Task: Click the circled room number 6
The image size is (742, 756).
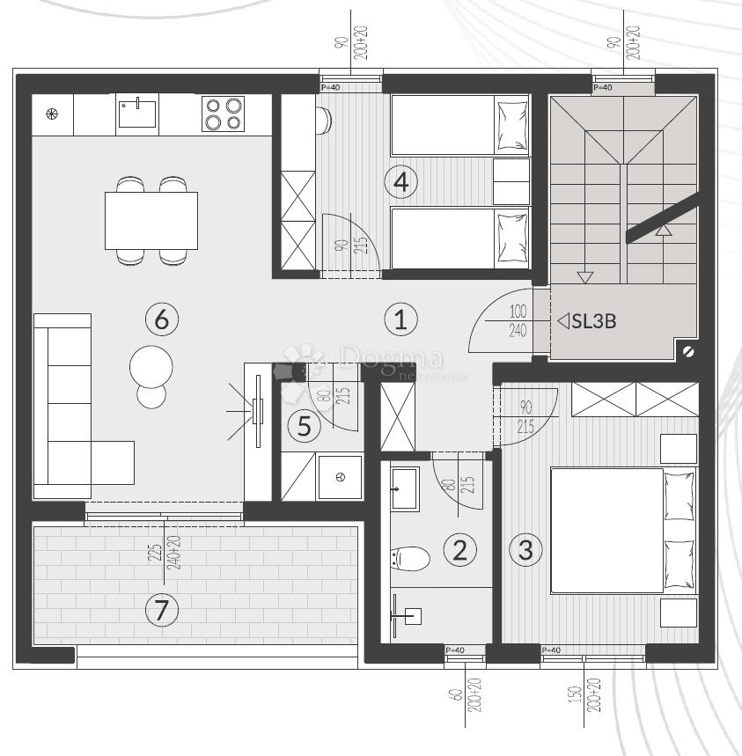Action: tap(161, 319)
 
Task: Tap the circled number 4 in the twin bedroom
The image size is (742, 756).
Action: tap(400, 182)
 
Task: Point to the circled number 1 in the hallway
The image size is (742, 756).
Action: tap(400, 319)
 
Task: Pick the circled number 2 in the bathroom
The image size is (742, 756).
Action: tap(459, 550)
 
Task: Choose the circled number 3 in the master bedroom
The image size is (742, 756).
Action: tap(525, 550)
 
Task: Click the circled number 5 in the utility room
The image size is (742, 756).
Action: tap(304, 427)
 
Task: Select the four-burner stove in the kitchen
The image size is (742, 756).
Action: tap(223, 114)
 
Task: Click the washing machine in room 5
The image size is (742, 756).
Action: tap(339, 478)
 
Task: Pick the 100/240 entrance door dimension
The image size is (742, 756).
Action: tap(517, 321)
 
